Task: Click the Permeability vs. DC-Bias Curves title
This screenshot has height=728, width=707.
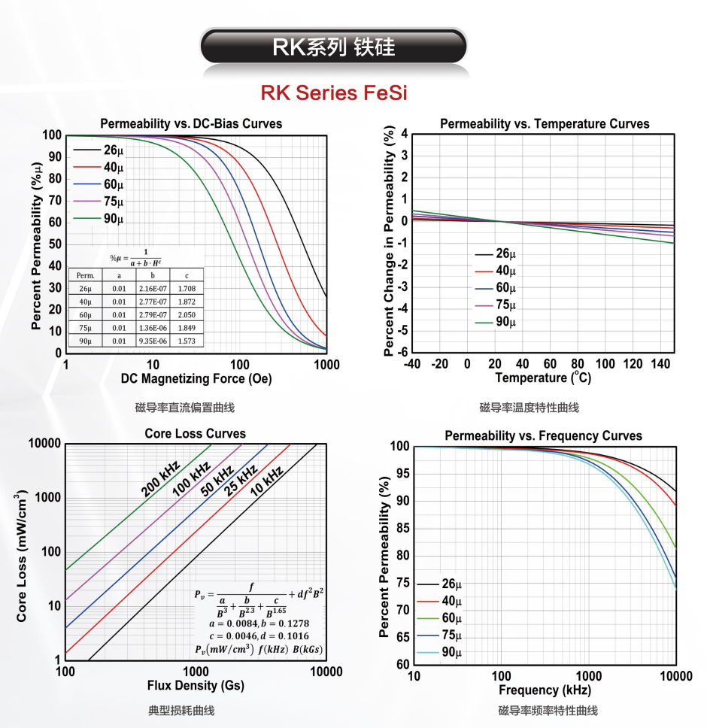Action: tap(192, 123)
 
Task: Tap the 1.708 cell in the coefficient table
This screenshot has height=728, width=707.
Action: tap(186, 288)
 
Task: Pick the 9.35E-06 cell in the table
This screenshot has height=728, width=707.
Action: tap(152, 340)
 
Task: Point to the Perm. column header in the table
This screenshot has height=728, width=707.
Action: tap(85, 275)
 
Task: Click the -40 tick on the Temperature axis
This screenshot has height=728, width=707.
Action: tap(412, 364)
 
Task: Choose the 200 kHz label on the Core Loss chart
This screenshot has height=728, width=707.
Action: tap(159, 479)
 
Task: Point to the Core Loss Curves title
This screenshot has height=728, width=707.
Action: tap(195, 434)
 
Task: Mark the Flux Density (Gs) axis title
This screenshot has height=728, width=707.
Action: tap(196, 686)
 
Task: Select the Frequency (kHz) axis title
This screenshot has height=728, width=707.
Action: tap(545, 690)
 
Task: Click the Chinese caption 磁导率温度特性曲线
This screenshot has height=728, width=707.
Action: tap(529, 408)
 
